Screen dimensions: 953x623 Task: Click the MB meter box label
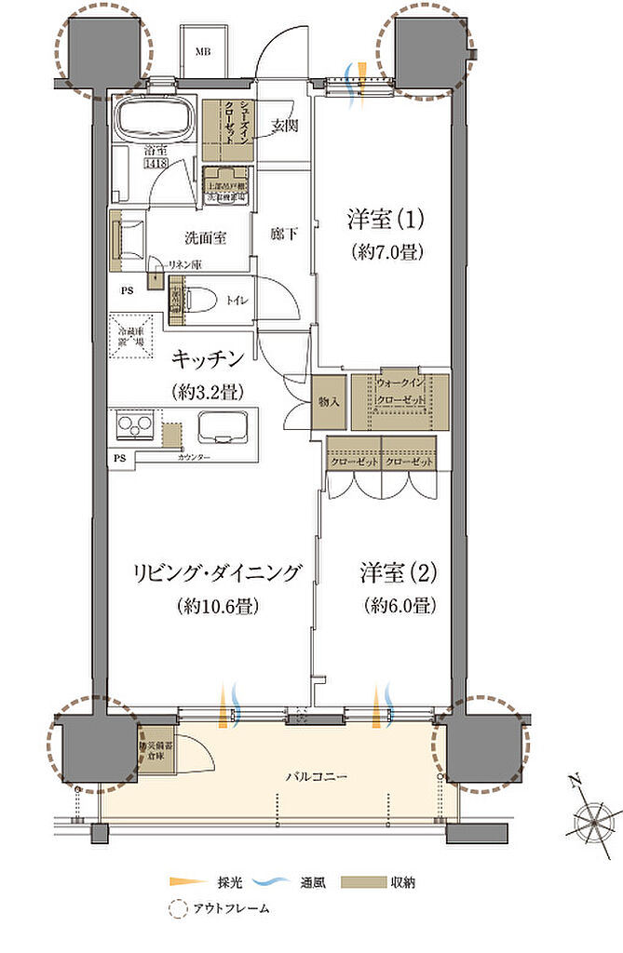(x=202, y=50)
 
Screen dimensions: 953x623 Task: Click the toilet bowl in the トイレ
(x=193, y=298)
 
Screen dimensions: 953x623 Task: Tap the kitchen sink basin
(x=222, y=428)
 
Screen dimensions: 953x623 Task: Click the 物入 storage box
(x=328, y=401)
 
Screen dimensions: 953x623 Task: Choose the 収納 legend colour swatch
(x=354, y=881)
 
